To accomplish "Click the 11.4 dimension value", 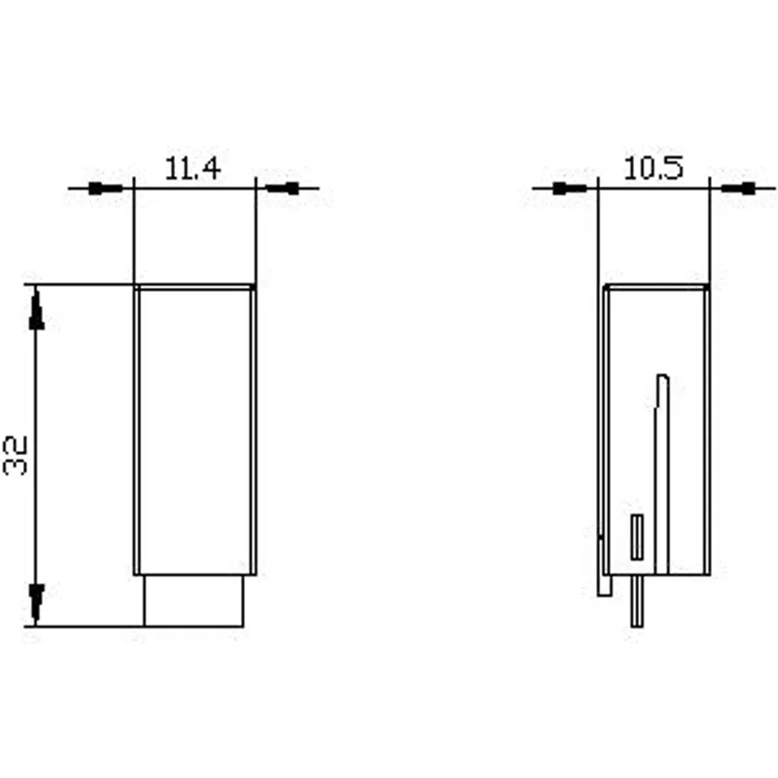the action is pyautogui.click(x=193, y=167).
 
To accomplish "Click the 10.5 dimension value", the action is pyautogui.click(x=653, y=167).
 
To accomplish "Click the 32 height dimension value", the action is pyautogui.click(x=15, y=455).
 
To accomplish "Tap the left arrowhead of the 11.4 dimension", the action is pyautogui.click(x=105, y=189).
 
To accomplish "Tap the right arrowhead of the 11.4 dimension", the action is pyautogui.click(x=283, y=189).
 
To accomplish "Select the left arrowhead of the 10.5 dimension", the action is pyautogui.click(x=570, y=189).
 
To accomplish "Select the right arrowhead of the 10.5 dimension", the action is pyautogui.click(x=738, y=189).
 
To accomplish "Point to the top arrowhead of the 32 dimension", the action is pyautogui.click(x=36, y=311).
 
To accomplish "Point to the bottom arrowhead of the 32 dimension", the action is pyautogui.click(x=36, y=602).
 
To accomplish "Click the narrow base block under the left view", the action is pyautogui.click(x=194, y=601).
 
